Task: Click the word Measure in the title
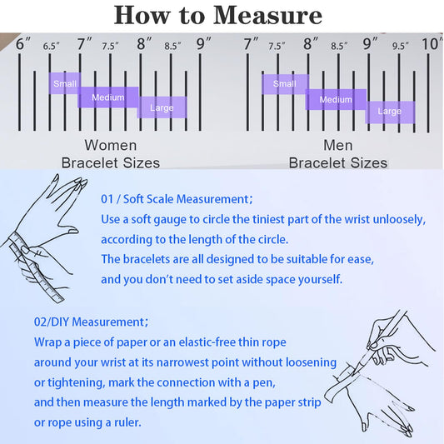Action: point(267,15)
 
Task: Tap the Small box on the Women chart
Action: point(65,83)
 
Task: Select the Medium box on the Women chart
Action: point(108,97)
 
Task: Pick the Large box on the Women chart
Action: point(162,107)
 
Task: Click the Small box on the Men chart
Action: point(285,84)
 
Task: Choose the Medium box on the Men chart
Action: point(336,99)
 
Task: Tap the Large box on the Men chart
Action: point(390,112)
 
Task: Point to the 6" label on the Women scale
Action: point(23,43)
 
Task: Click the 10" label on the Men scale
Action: point(432,43)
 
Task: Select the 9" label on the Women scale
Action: point(204,43)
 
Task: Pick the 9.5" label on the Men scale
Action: point(400,46)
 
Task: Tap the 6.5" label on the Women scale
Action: point(52,46)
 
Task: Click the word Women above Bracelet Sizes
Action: point(111,145)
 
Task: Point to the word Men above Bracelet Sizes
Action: point(338,145)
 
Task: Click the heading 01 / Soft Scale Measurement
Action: point(177,199)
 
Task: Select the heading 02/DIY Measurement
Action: point(91,322)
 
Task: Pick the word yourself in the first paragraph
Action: point(320,279)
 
